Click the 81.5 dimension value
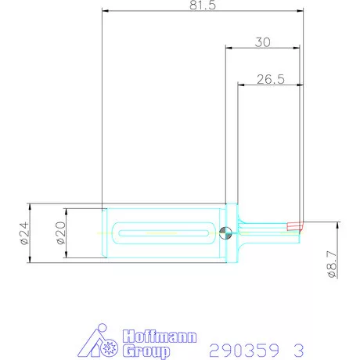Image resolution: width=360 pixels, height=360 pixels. (x=203, y=5)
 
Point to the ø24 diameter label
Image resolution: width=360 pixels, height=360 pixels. (x=24, y=232)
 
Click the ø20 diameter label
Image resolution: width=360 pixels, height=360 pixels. (x=61, y=233)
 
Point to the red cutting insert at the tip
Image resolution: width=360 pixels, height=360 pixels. (x=295, y=226)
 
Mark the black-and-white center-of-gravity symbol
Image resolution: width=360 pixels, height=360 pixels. (x=225, y=232)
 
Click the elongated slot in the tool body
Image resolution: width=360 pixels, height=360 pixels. (x=164, y=232)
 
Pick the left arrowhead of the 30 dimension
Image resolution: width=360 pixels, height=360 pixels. (x=229, y=48)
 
